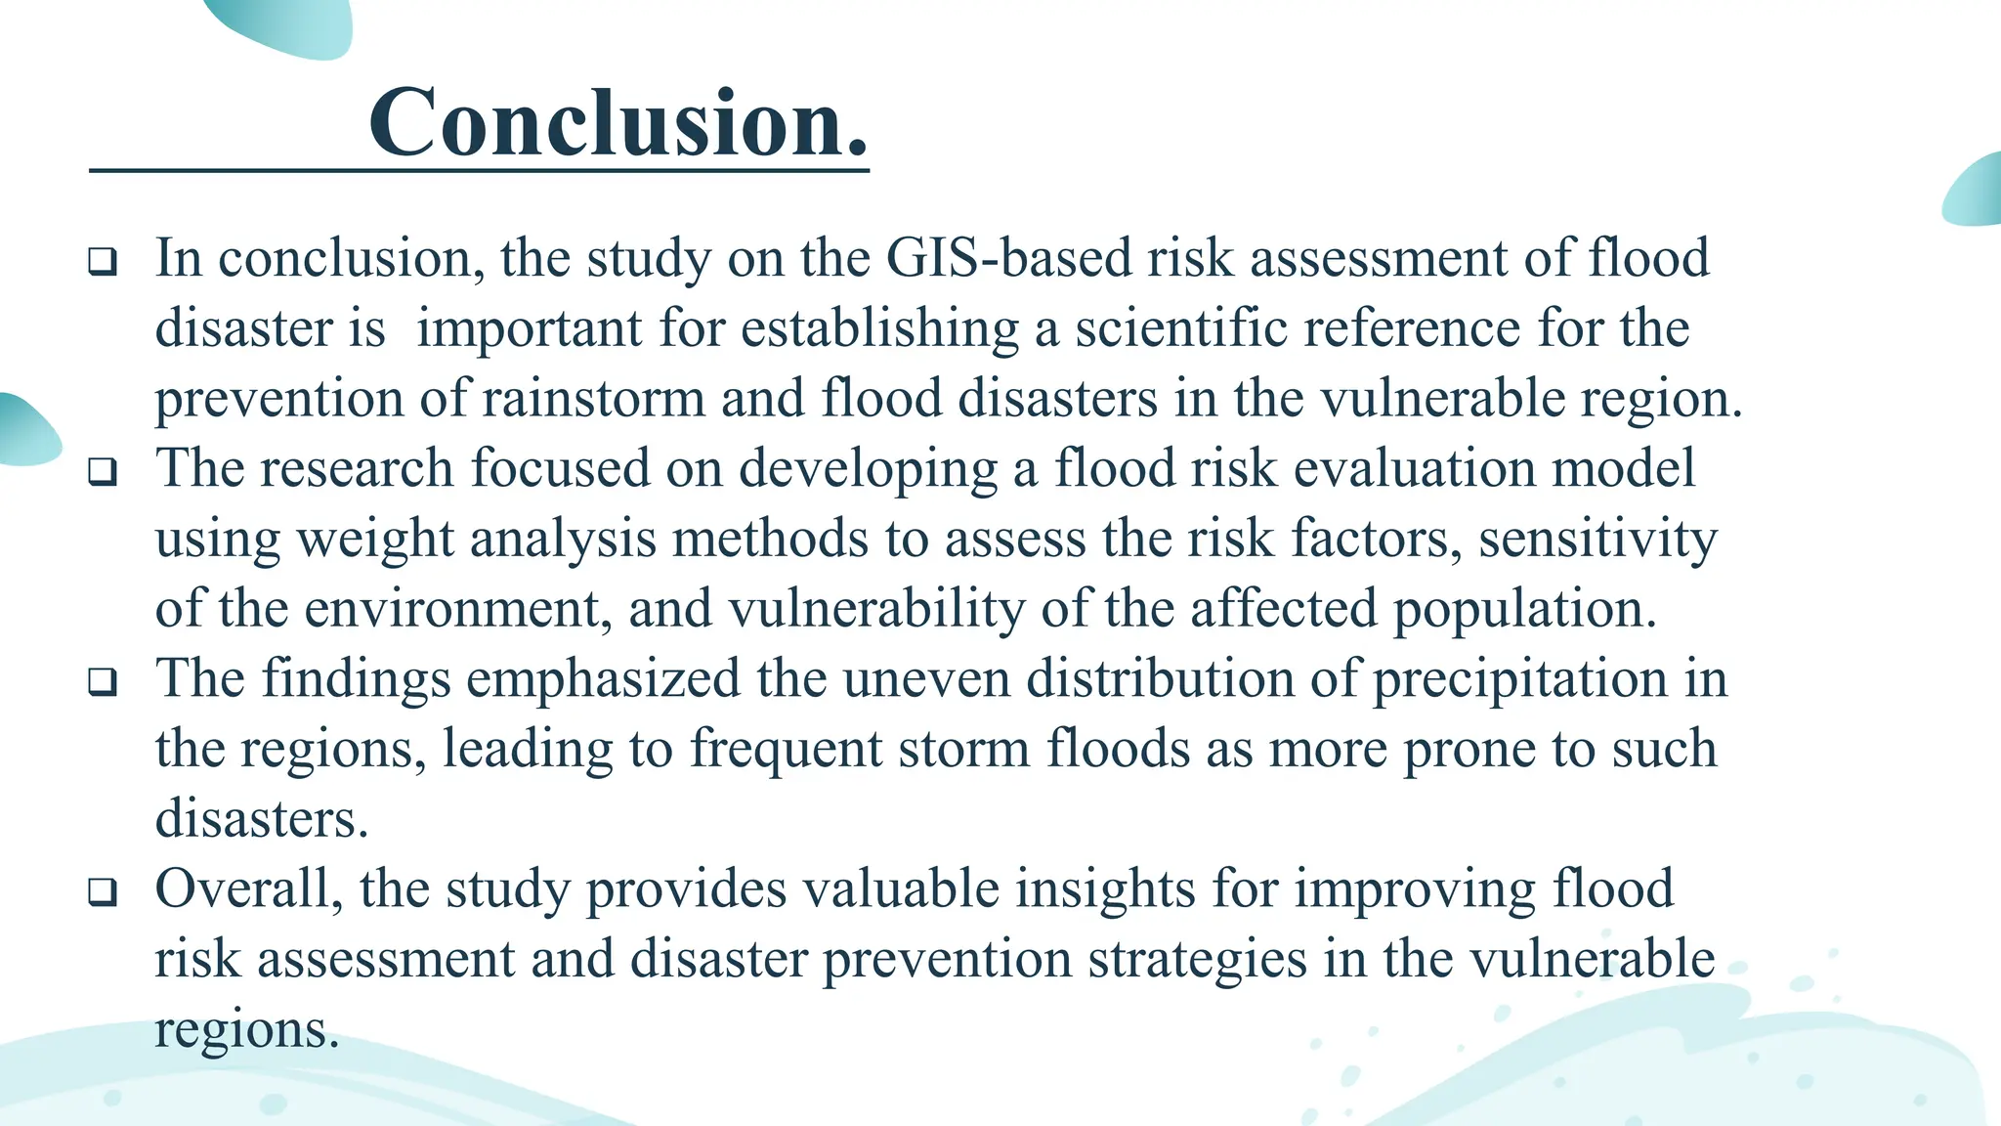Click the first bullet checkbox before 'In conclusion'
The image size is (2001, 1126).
tap(103, 261)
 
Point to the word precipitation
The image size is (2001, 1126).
tap(1519, 679)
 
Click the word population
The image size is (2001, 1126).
tap(1523, 609)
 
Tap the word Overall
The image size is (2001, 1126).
tap(248, 889)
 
